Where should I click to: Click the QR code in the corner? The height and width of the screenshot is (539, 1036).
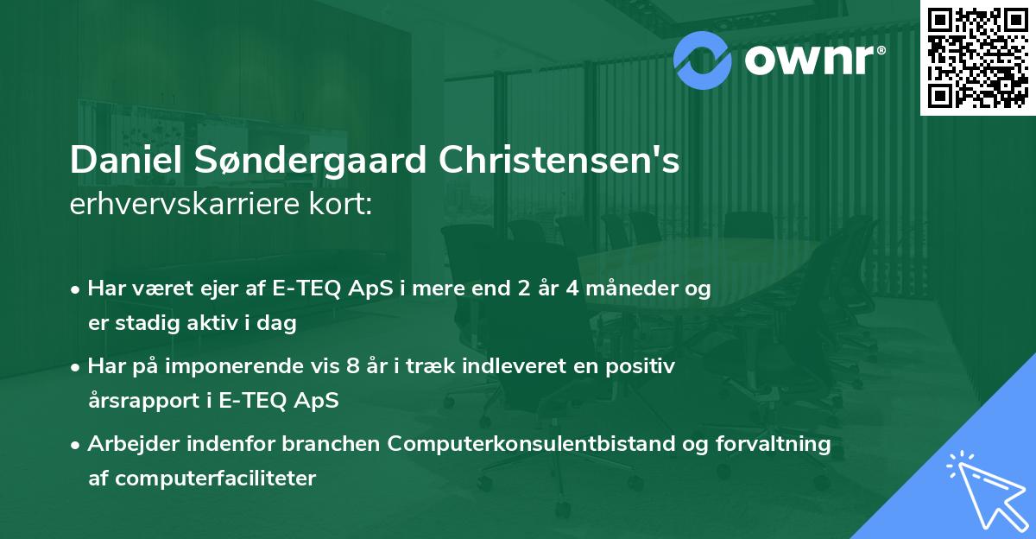[978, 57]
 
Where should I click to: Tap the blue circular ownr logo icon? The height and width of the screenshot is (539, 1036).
[701, 58]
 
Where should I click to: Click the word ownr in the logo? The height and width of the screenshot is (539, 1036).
[807, 59]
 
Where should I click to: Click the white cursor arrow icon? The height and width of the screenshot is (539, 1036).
[984, 489]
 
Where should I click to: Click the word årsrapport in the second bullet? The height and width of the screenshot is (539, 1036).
[140, 401]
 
